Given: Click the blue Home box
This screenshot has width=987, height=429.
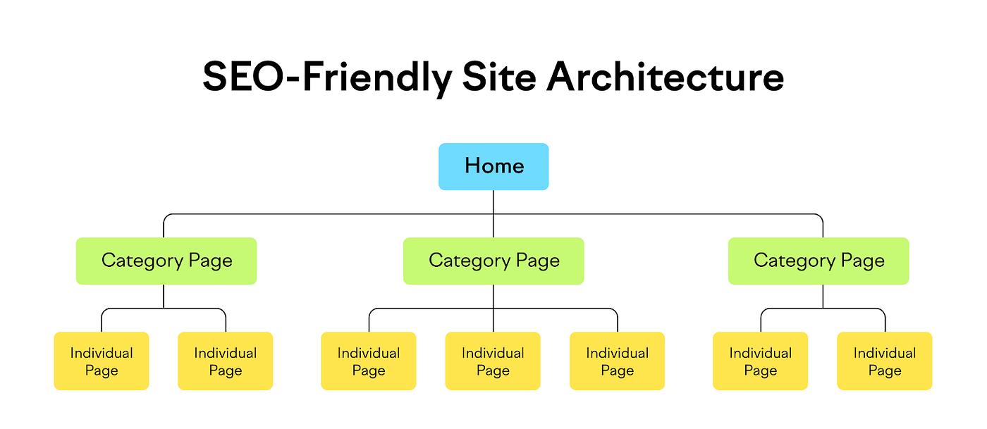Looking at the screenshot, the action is tap(493, 166).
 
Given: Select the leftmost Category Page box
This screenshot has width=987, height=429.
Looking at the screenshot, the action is tap(166, 261).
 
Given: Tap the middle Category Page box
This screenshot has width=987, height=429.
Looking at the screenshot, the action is tap(493, 261).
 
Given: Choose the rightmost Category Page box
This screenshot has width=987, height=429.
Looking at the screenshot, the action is tap(819, 261).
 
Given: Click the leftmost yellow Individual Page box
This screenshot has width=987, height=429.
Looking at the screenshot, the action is tap(102, 361).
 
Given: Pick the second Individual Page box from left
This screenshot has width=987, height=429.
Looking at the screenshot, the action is tap(226, 361).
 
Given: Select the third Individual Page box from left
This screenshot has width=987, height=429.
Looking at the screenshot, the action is tap(369, 361).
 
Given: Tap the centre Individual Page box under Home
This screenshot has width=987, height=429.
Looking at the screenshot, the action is tap(493, 361).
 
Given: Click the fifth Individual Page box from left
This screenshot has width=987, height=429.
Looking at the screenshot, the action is tap(618, 361).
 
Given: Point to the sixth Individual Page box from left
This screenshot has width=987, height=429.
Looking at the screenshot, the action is tap(761, 361).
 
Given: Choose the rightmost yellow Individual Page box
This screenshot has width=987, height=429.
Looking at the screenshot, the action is tap(885, 361).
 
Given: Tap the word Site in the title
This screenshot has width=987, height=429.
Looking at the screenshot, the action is tap(499, 77).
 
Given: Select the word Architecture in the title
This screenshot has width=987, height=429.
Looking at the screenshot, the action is tap(666, 77).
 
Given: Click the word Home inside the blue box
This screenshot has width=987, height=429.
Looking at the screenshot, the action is tap(494, 166).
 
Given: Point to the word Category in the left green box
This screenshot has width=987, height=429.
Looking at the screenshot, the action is tap(142, 261).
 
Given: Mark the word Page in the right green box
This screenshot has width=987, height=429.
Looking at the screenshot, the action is tap(863, 261).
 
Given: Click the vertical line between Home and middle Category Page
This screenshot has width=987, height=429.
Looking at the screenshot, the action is tap(493, 213).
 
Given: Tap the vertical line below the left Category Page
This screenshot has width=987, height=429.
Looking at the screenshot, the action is tap(164, 297).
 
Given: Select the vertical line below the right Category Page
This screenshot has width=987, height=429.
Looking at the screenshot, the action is tap(823, 297).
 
